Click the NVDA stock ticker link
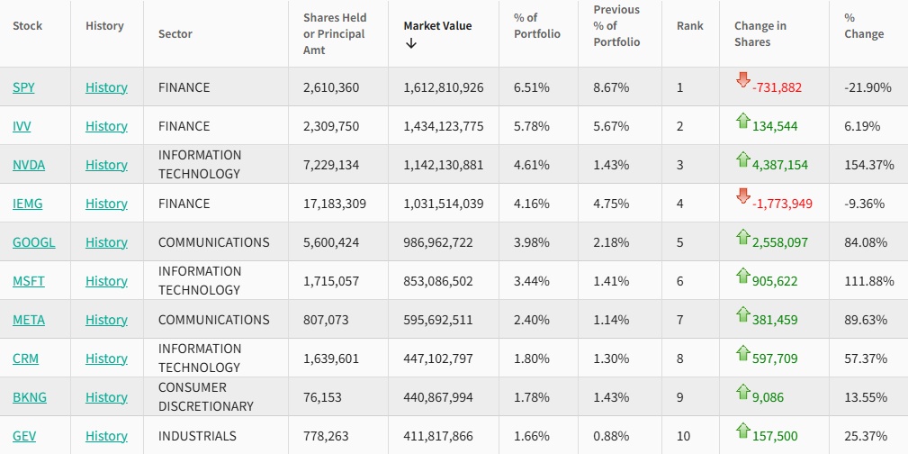coord(29,165)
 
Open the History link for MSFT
coord(106,281)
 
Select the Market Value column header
coord(437,26)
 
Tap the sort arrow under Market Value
coord(411,43)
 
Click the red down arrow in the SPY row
coord(742,79)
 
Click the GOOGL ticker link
coord(33,242)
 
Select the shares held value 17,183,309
coord(335,204)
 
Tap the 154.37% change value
coord(868,165)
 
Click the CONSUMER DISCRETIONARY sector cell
coord(206,397)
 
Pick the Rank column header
coord(689,26)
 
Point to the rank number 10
coord(684,436)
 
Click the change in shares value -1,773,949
coord(777,204)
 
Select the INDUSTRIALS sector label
coord(197,436)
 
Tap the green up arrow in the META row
coord(742,313)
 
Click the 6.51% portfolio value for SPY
coord(531,87)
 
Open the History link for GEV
coord(106,436)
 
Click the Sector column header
coord(175,34)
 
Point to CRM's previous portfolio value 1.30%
coord(611,359)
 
